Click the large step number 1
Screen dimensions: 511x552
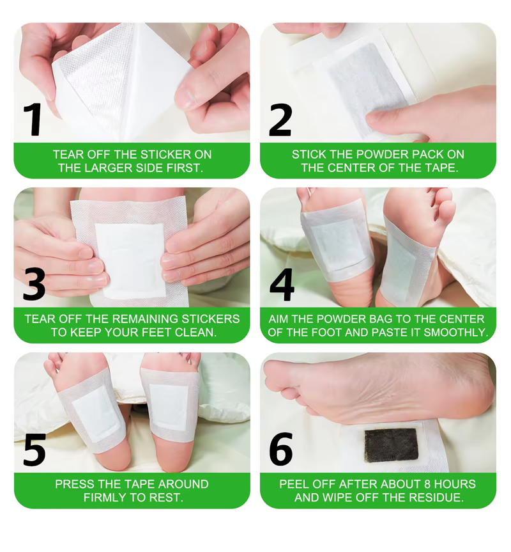coord(33,120)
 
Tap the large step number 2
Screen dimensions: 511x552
coord(280,120)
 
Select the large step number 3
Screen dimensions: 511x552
coord(34,285)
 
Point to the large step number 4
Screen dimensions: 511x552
coord(282,285)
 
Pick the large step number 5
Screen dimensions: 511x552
coord(34,450)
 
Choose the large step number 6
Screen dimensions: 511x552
coord(281,449)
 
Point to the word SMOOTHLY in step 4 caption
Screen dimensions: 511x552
coord(455,333)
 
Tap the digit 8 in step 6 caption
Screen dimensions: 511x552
coord(428,484)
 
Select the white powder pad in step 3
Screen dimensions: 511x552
coord(130,260)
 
